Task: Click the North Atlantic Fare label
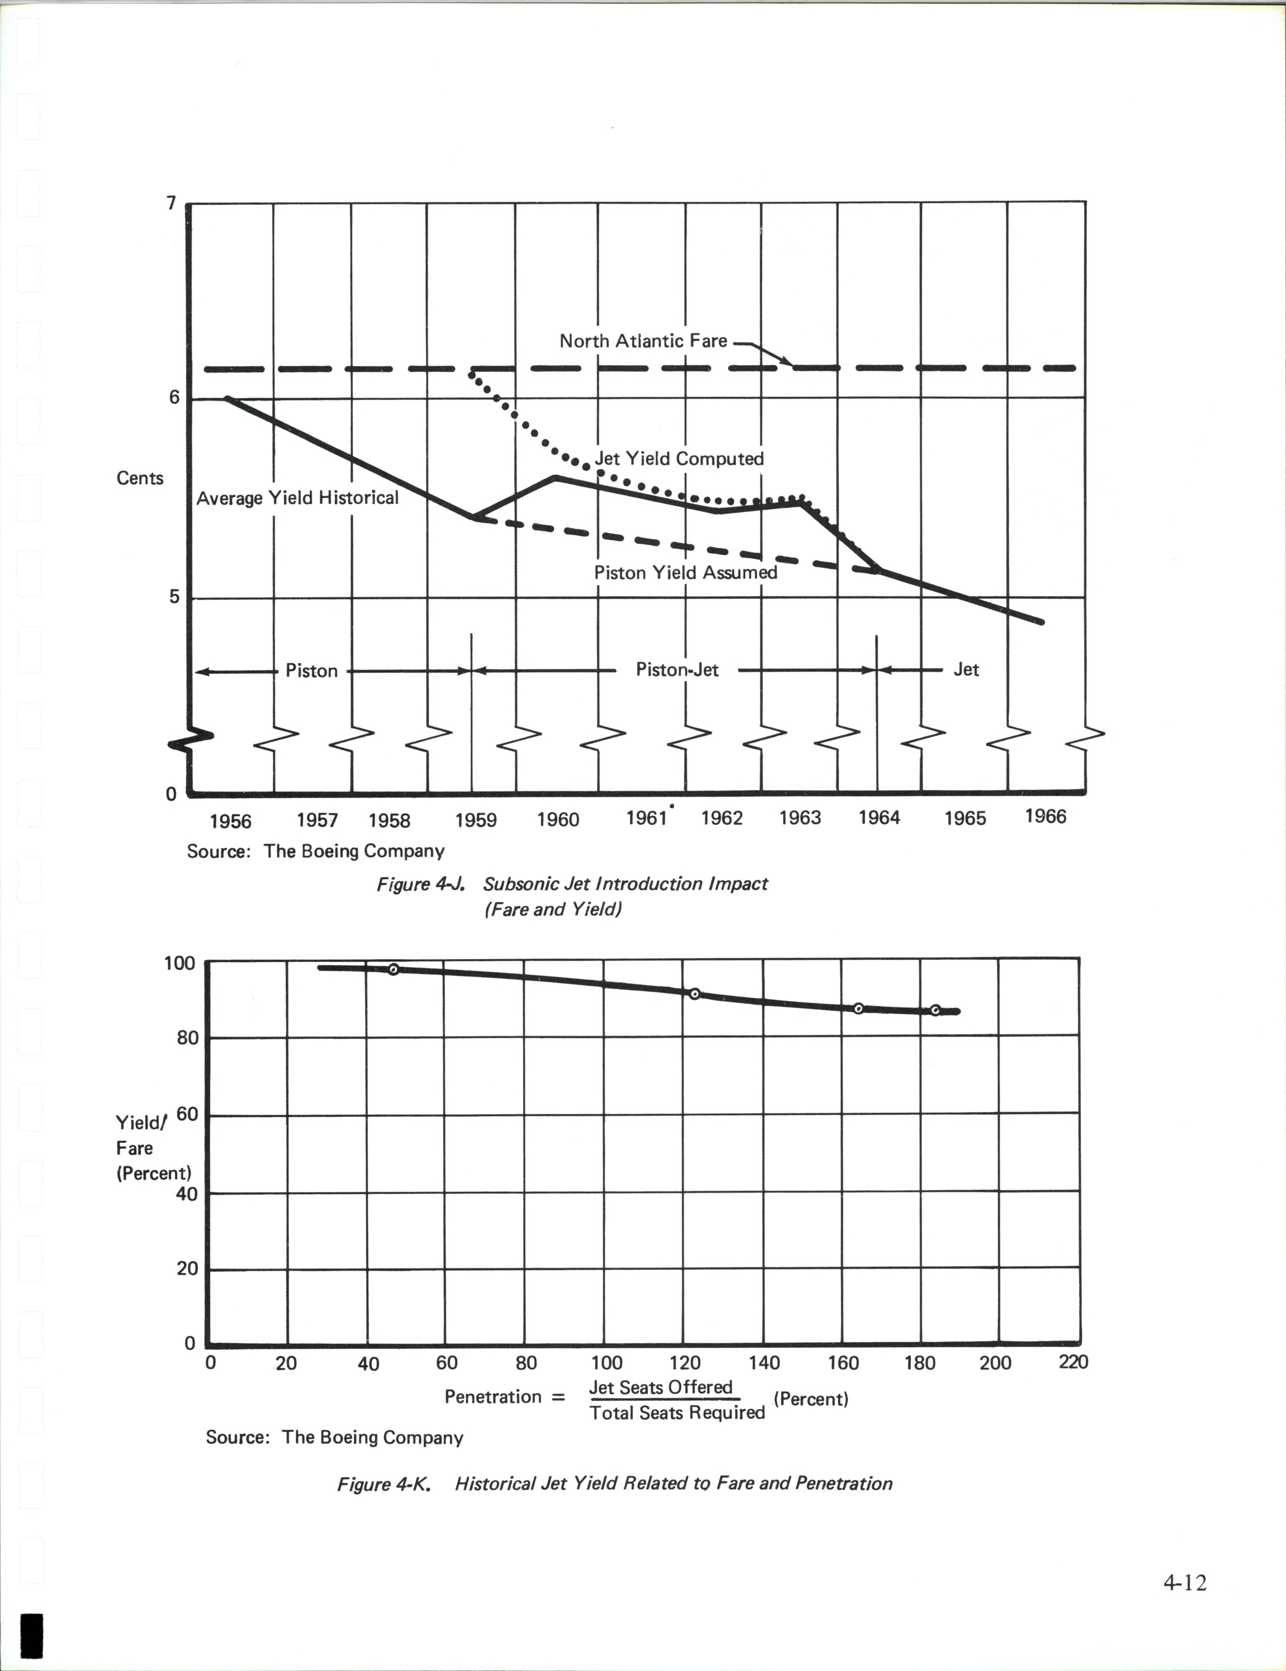click(x=643, y=341)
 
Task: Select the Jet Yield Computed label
click(x=679, y=459)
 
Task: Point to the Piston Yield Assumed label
click(x=685, y=573)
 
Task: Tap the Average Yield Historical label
click(x=297, y=498)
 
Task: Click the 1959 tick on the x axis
click(x=475, y=820)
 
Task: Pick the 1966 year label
click(x=1045, y=817)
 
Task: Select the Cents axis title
click(x=140, y=478)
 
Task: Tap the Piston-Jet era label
click(x=677, y=670)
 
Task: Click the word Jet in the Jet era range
click(x=966, y=670)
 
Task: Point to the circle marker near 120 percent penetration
click(x=694, y=994)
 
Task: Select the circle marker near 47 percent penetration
click(x=394, y=969)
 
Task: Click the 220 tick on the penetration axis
click(x=1073, y=1362)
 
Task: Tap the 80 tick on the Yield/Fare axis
click(x=187, y=1038)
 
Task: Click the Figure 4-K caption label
click(x=384, y=1484)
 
